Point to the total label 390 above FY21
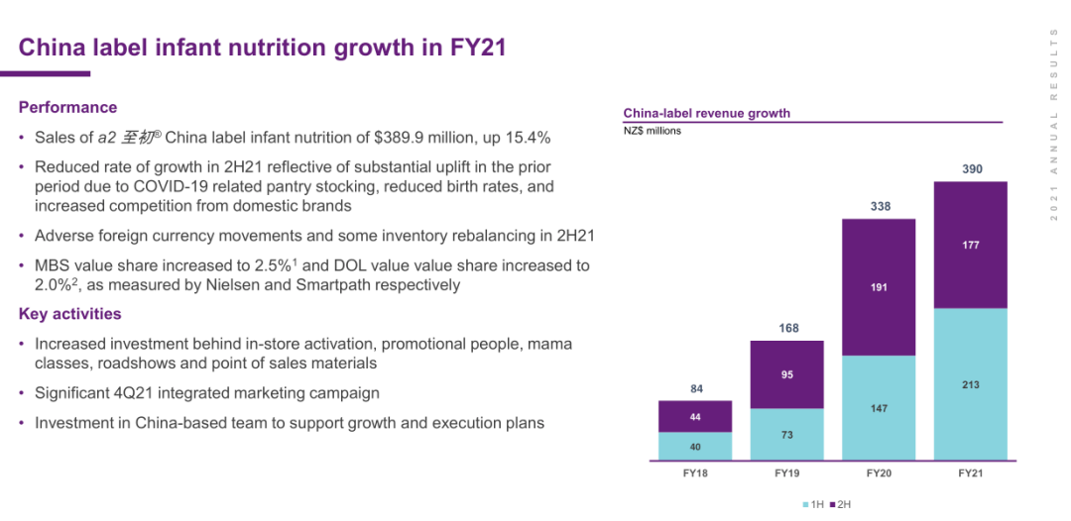tap(973, 170)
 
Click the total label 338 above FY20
tap(881, 206)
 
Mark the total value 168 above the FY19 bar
tap(788, 328)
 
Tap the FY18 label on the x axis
tap(695, 473)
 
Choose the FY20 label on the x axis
tap(879, 473)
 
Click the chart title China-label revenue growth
tap(706, 113)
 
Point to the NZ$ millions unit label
tap(652, 131)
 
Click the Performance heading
tap(67, 107)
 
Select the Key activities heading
tap(70, 314)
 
